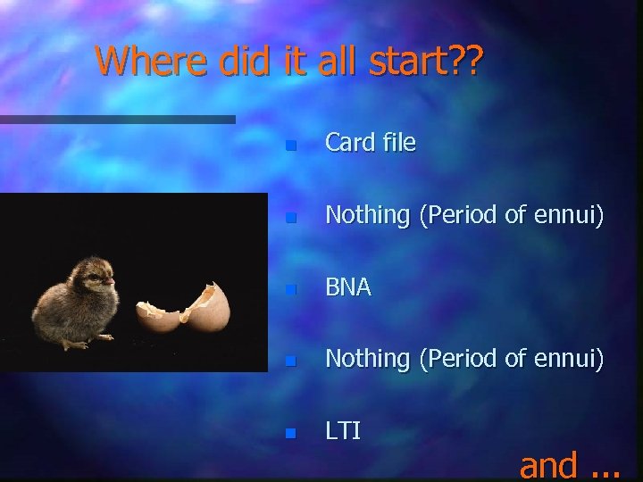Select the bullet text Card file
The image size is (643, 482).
(x=370, y=143)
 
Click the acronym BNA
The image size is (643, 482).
(x=348, y=287)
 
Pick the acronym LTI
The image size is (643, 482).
(x=343, y=431)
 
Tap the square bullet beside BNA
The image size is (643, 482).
(x=288, y=289)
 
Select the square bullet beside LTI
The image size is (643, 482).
(x=288, y=433)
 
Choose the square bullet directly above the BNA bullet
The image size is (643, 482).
(x=288, y=217)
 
